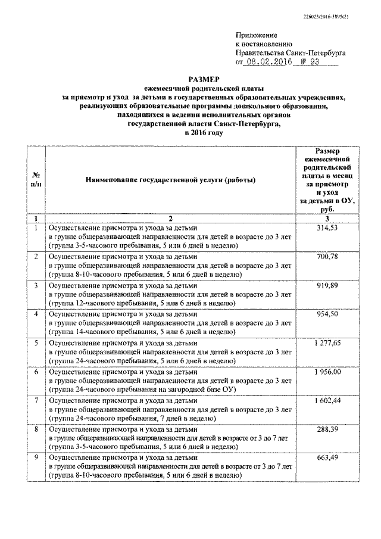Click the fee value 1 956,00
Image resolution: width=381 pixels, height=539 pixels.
[324, 372]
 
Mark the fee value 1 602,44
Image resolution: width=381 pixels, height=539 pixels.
[324, 400]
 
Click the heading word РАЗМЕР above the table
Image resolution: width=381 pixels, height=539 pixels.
[204, 78]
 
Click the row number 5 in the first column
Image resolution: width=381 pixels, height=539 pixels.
[36, 343]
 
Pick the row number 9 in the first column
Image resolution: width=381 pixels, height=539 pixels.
[36, 457]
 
